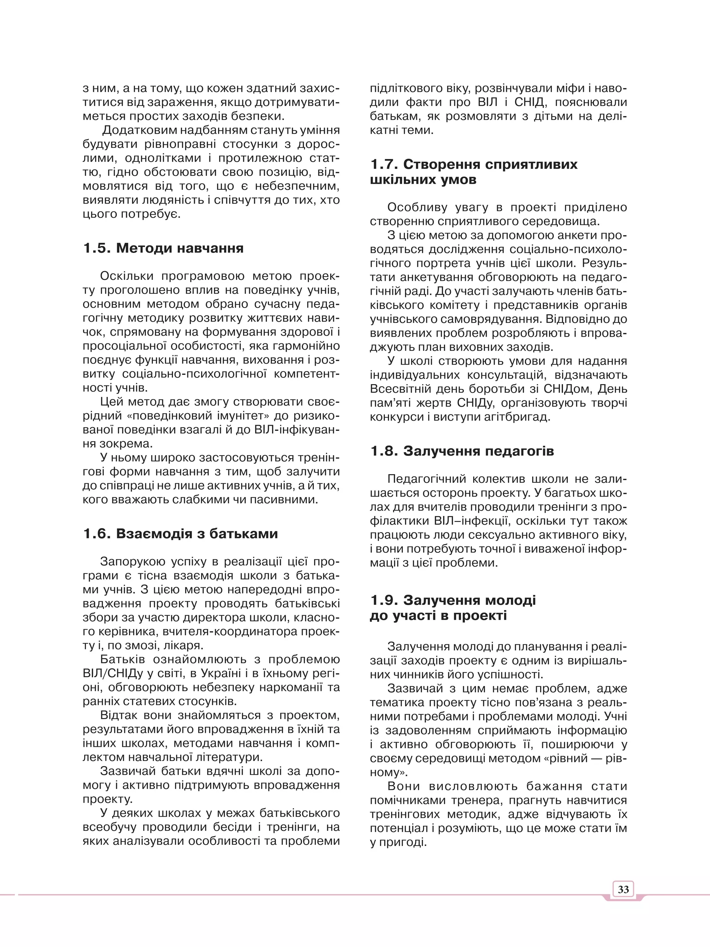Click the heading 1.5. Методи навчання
point(163,248)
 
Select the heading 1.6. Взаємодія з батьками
point(180,533)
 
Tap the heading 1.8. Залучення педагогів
point(462,451)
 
